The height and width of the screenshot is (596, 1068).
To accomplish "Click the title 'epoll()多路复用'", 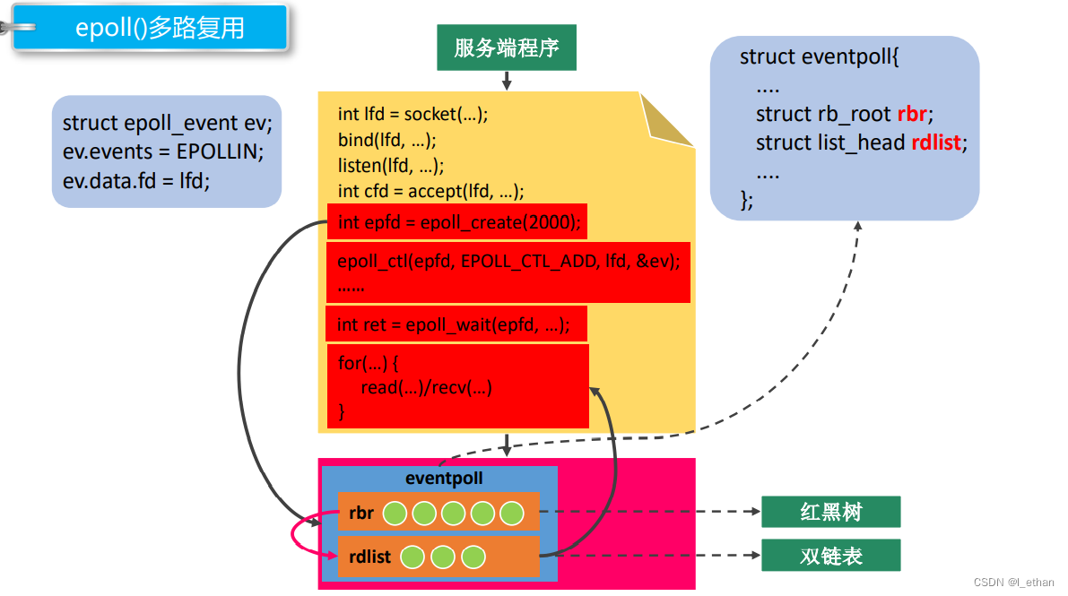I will [x=159, y=28].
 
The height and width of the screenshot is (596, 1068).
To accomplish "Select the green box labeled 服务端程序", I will [x=507, y=48].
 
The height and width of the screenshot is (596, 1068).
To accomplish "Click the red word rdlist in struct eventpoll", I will [x=938, y=143].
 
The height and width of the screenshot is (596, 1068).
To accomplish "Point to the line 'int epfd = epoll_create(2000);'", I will [x=458, y=222].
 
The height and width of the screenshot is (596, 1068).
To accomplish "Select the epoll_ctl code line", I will [x=508, y=262].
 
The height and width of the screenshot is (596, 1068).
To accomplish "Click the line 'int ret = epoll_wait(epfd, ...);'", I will [x=453, y=324].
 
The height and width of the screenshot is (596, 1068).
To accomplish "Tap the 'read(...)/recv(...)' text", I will [x=427, y=387].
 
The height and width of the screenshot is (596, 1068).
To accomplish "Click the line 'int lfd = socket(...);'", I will [x=412, y=114].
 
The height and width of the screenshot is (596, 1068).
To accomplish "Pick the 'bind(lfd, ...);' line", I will [x=387, y=140].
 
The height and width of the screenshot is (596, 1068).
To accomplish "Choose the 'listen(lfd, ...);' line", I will [x=391, y=166].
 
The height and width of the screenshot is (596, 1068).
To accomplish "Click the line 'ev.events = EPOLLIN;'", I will [x=163, y=151].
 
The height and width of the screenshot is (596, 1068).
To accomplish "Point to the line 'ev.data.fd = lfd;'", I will [x=136, y=180].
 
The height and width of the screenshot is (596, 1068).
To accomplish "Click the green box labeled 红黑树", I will [x=830, y=512].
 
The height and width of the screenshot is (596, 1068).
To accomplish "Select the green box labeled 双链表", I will [x=830, y=556].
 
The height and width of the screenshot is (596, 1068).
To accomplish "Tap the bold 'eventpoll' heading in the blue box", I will [x=444, y=479].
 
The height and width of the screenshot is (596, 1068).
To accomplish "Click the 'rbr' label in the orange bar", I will [x=361, y=514].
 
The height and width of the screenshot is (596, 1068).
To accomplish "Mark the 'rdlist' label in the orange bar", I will [x=370, y=557].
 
